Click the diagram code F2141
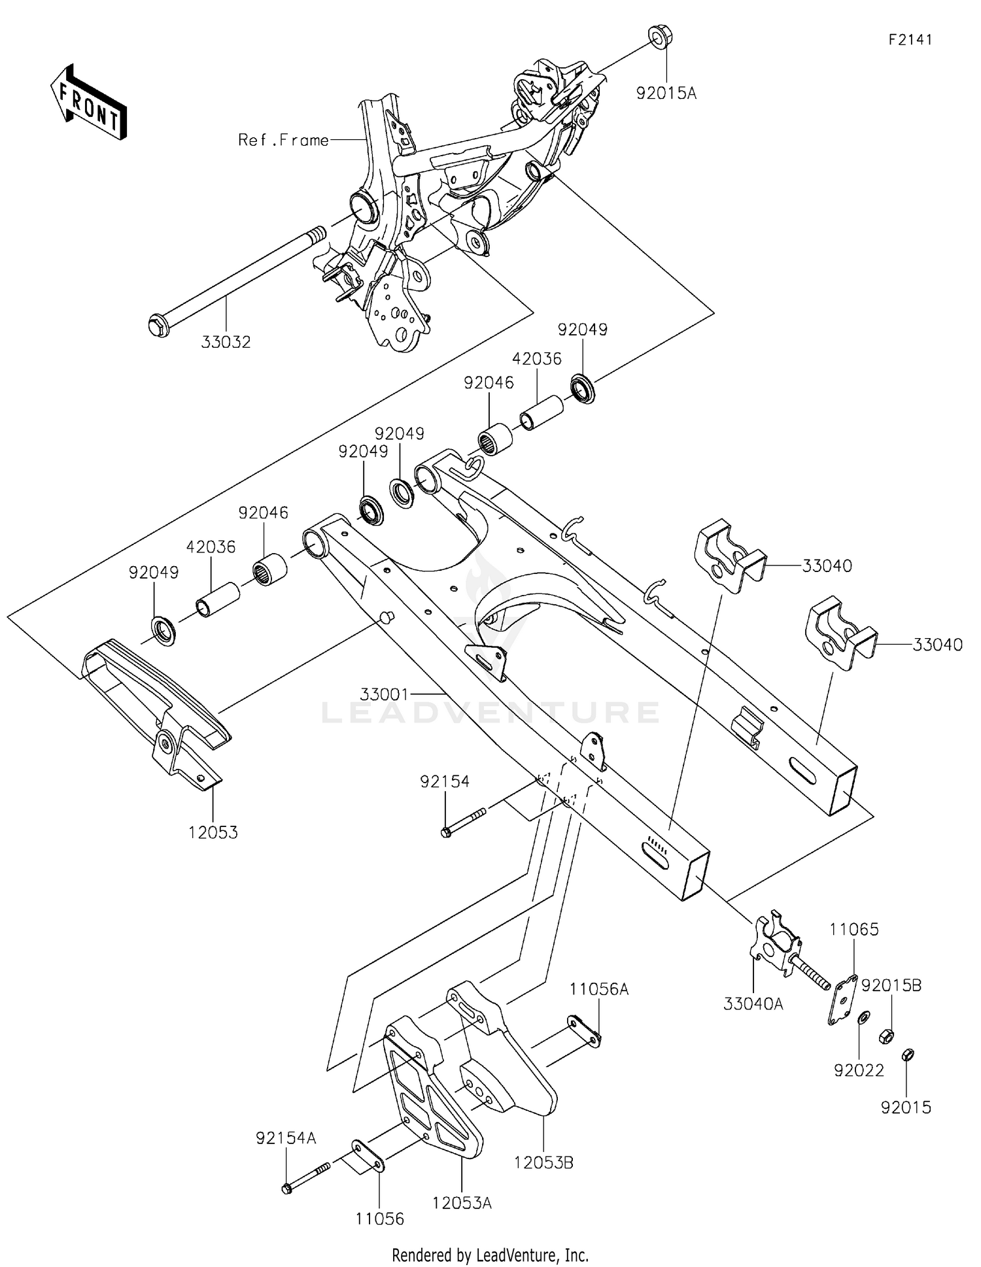(910, 40)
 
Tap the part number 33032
(226, 342)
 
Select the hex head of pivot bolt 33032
(158, 324)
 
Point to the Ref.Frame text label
(283, 140)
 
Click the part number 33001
(384, 693)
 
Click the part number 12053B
(543, 1162)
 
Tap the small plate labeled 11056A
(585, 1030)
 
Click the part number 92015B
(891, 985)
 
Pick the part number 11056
(380, 1219)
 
